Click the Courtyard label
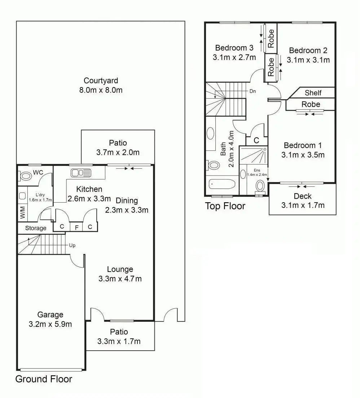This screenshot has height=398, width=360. coord(101,81)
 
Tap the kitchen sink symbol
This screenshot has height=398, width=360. coord(81,173)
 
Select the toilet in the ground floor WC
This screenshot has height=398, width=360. coord(24,176)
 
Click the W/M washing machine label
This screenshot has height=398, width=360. coord(23,212)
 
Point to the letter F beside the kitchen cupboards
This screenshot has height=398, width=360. coord(76,228)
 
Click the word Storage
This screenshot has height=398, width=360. coord(36,228)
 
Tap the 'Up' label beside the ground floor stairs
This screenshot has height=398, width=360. coord(72,246)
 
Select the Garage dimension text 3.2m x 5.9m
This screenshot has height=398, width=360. coord(50,324)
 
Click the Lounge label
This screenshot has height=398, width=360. coord(120,269)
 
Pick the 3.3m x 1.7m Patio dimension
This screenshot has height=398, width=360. coord(119,341)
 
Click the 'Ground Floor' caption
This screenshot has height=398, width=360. coord(44,379)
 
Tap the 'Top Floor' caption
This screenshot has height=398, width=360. coord(225,206)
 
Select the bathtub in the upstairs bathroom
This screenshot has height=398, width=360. coord(222,184)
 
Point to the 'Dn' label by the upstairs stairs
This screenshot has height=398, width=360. coord(253,91)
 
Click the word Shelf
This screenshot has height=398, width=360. coord(313,93)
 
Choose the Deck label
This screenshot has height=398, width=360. coord(303,196)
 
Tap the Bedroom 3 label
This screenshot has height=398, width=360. coord(234,48)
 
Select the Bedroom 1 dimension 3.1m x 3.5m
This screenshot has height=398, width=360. coord(303,155)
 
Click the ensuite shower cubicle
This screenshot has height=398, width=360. coord(253,155)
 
